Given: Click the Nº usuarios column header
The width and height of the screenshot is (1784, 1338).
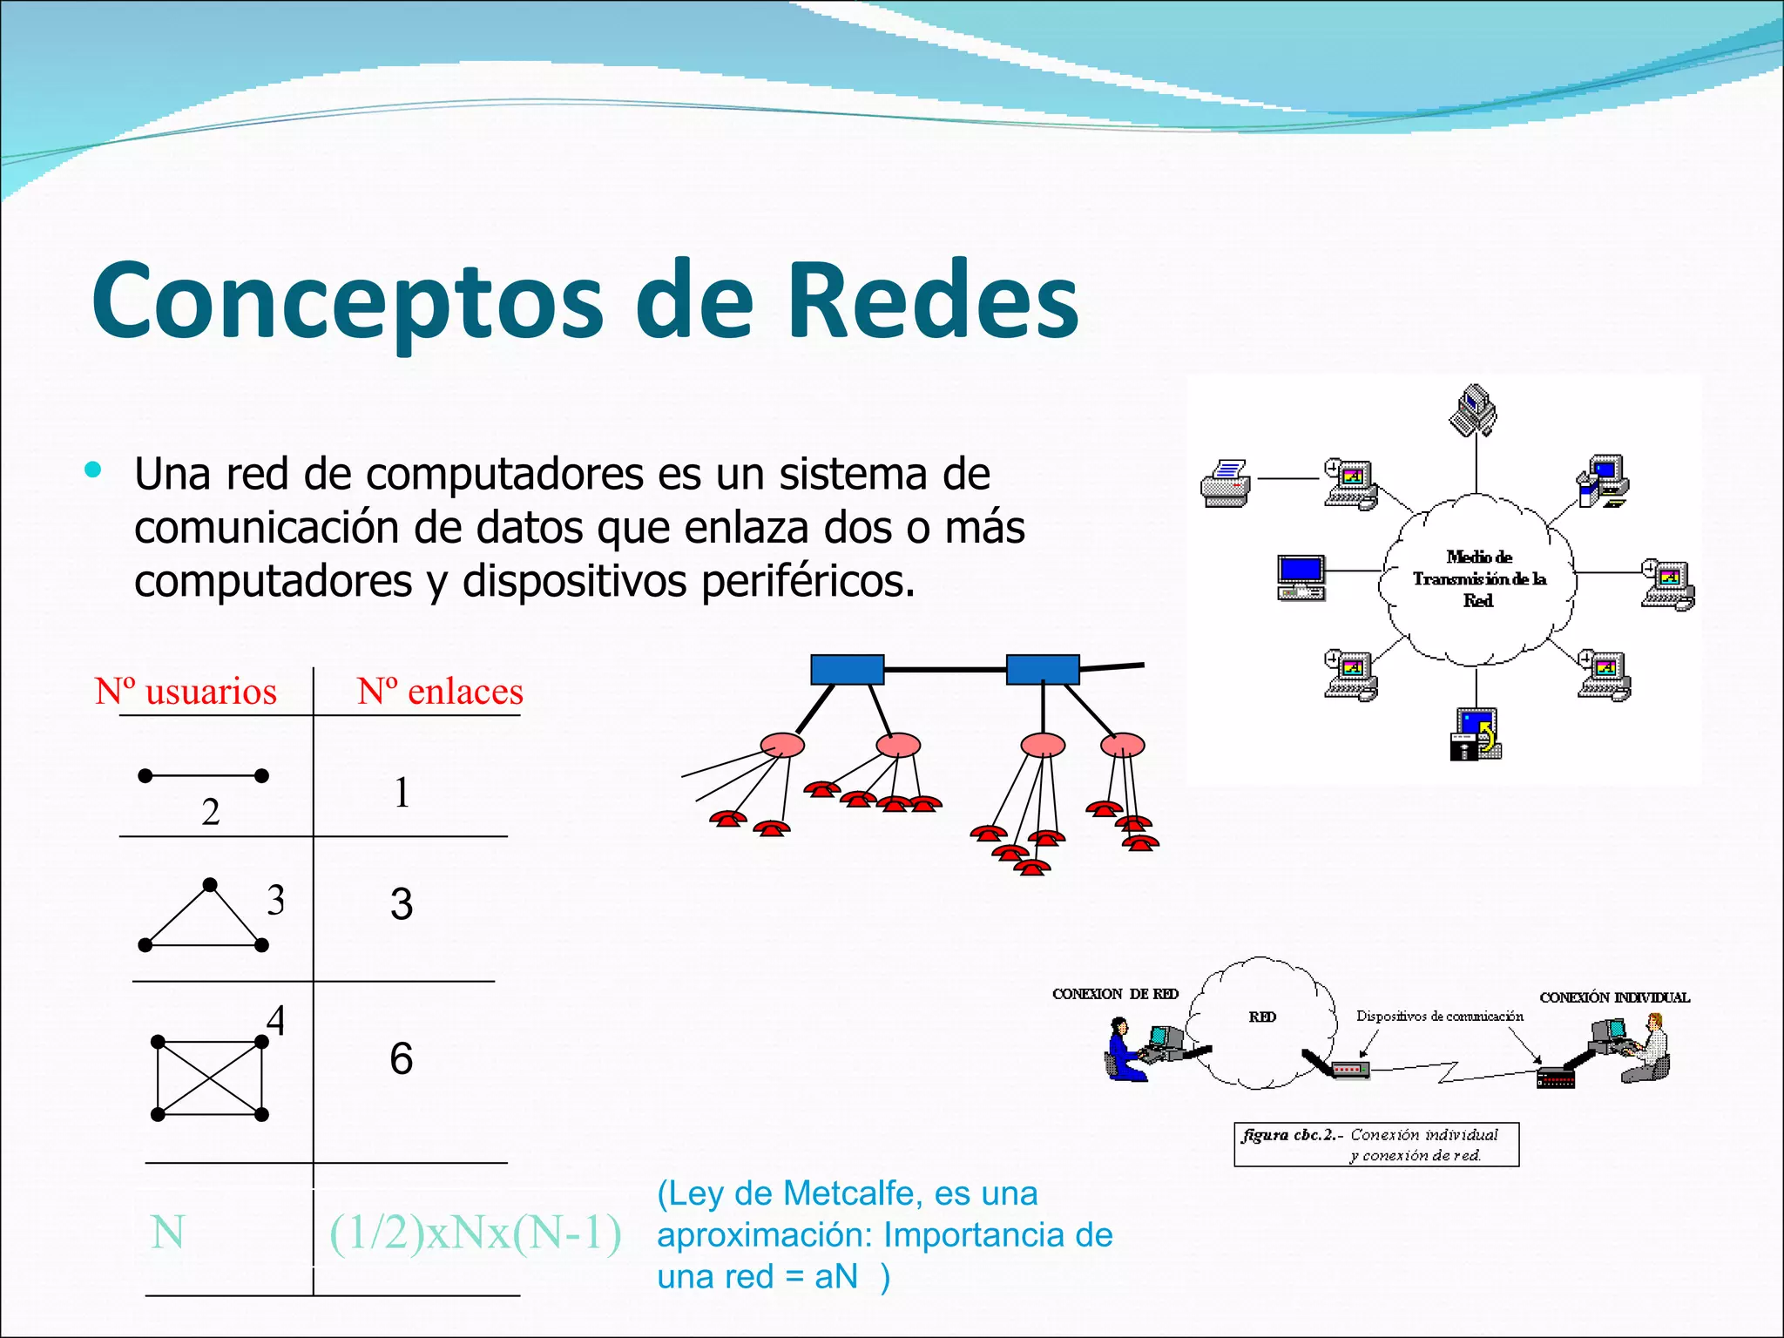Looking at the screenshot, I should (x=186, y=692).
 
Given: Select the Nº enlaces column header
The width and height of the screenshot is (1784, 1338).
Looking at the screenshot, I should (x=440, y=692).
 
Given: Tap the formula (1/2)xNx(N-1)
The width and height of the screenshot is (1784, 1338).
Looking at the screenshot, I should (x=475, y=1233).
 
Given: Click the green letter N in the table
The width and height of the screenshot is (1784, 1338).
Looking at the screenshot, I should (x=167, y=1233).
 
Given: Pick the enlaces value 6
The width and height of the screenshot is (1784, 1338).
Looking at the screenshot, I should (x=401, y=1058).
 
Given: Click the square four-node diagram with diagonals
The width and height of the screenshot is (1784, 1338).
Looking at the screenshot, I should (x=209, y=1078).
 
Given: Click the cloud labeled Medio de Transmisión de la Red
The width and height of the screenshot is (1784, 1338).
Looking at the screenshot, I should (x=1478, y=578).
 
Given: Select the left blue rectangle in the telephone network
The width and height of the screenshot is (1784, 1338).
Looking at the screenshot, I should (x=847, y=669).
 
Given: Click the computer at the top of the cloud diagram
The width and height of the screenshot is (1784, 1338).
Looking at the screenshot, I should (x=1473, y=410).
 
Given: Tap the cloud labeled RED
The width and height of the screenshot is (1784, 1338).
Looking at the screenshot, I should (x=1262, y=1019).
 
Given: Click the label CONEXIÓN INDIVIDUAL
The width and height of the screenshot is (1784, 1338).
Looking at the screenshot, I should (x=1614, y=997).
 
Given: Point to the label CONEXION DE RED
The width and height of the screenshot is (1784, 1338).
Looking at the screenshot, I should (x=1115, y=994).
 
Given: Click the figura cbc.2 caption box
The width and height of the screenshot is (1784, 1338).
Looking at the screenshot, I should (x=1376, y=1145).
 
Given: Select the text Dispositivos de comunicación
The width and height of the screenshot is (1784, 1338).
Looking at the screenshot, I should (x=1439, y=1016).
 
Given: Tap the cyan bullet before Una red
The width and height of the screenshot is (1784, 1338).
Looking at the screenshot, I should (x=93, y=470).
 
